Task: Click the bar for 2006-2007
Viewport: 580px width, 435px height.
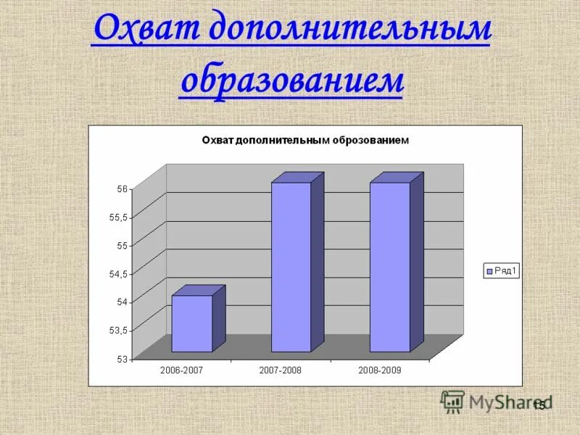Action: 192,323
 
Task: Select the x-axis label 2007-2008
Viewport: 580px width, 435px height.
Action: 280,370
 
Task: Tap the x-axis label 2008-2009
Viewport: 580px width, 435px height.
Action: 379,370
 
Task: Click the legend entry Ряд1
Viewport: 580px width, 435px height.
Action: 502,271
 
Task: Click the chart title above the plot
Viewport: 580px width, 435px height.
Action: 304,141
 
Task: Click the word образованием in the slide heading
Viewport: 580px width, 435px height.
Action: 291,80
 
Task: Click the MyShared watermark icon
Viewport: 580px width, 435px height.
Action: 453,402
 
